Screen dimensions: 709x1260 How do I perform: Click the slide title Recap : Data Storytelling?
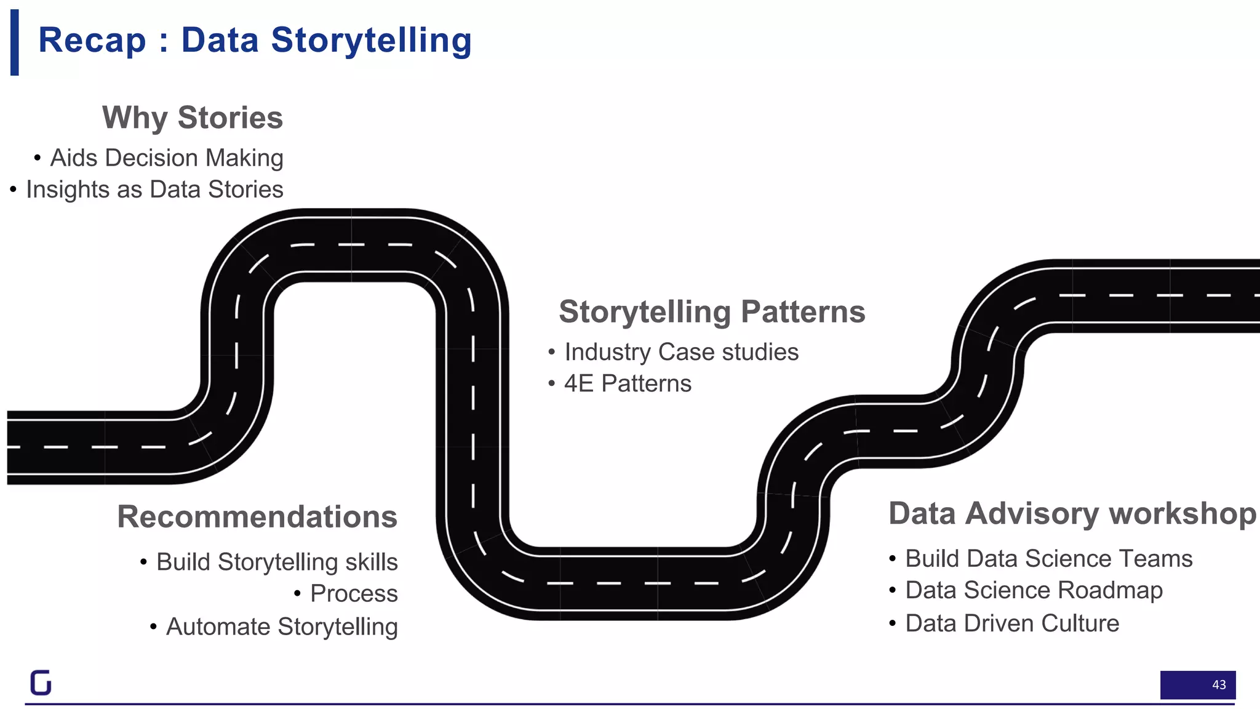(255, 41)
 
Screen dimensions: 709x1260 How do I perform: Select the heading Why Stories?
(192, 118)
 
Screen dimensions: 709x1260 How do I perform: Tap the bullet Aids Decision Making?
(166, 158)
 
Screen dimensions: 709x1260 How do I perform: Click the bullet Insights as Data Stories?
(154, 190)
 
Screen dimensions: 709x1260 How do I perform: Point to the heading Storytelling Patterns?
(712, 311)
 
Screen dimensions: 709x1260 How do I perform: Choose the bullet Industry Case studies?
(681, 352)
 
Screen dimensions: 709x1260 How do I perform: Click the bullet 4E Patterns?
(628, 383)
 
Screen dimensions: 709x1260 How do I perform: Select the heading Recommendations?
(257, 516)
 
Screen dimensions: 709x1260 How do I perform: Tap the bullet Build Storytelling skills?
(276, 562)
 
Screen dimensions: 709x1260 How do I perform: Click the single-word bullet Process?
(354, 594)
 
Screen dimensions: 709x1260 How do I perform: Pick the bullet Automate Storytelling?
(282, 627)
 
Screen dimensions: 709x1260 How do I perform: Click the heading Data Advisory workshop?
(1072, 513)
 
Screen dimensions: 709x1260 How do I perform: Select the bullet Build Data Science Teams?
(1048, 559)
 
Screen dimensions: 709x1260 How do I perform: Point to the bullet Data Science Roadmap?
(1034, 590)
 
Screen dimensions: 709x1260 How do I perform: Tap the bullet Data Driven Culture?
(1012, 623)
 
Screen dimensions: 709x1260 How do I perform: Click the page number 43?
(1218, 684)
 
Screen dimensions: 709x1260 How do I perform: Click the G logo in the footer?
(41, 682)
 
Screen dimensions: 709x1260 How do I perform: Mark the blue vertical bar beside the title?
(15, 42)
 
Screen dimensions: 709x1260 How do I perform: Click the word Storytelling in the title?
(371, 41)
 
